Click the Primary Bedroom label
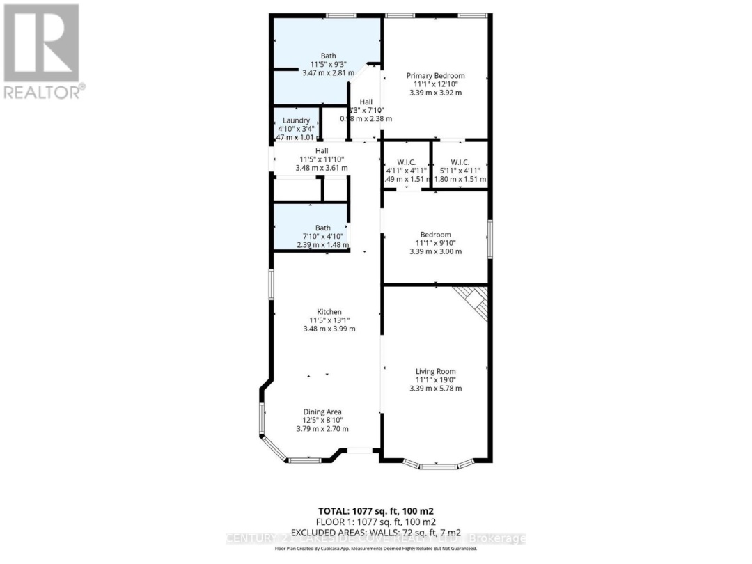click(x=435, y=76)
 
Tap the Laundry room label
click(x=296, y=120)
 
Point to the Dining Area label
click(x=322, y=412)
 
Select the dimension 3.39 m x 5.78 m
click(x=435, y=389)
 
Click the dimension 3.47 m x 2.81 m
click(x=328, y=72)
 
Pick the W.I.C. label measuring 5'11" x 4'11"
click(x=460, y=162)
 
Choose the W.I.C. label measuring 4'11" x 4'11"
click(x=406, y=162)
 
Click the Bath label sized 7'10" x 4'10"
click(x=322, y=228)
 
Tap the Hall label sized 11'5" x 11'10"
click(x=322, y=150)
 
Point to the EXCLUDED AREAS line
click(x=376, y=532)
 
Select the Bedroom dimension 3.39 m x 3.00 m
click(x=435, y=251)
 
